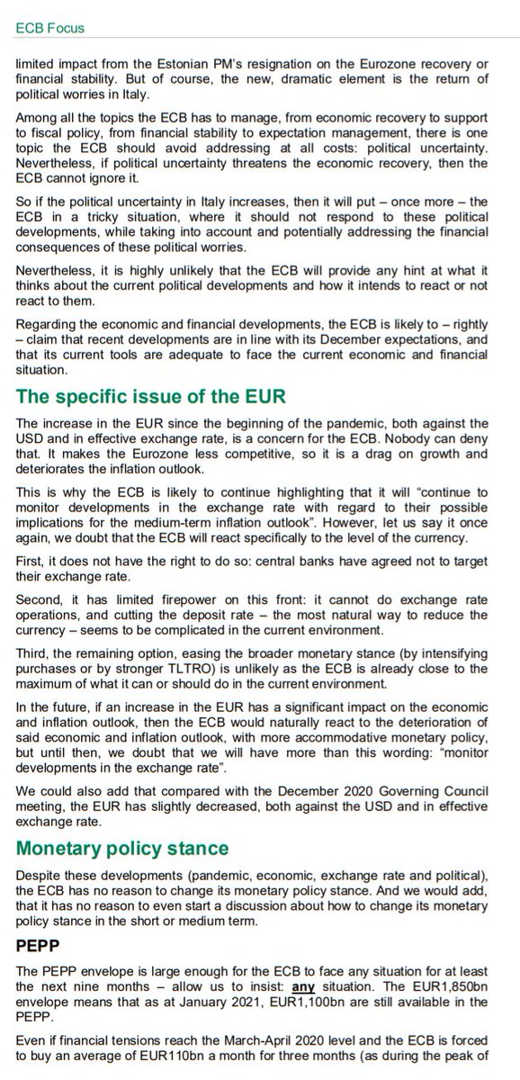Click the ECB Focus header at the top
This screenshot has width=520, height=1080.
[51, 28]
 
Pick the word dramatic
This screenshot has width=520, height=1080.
[342, 80]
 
